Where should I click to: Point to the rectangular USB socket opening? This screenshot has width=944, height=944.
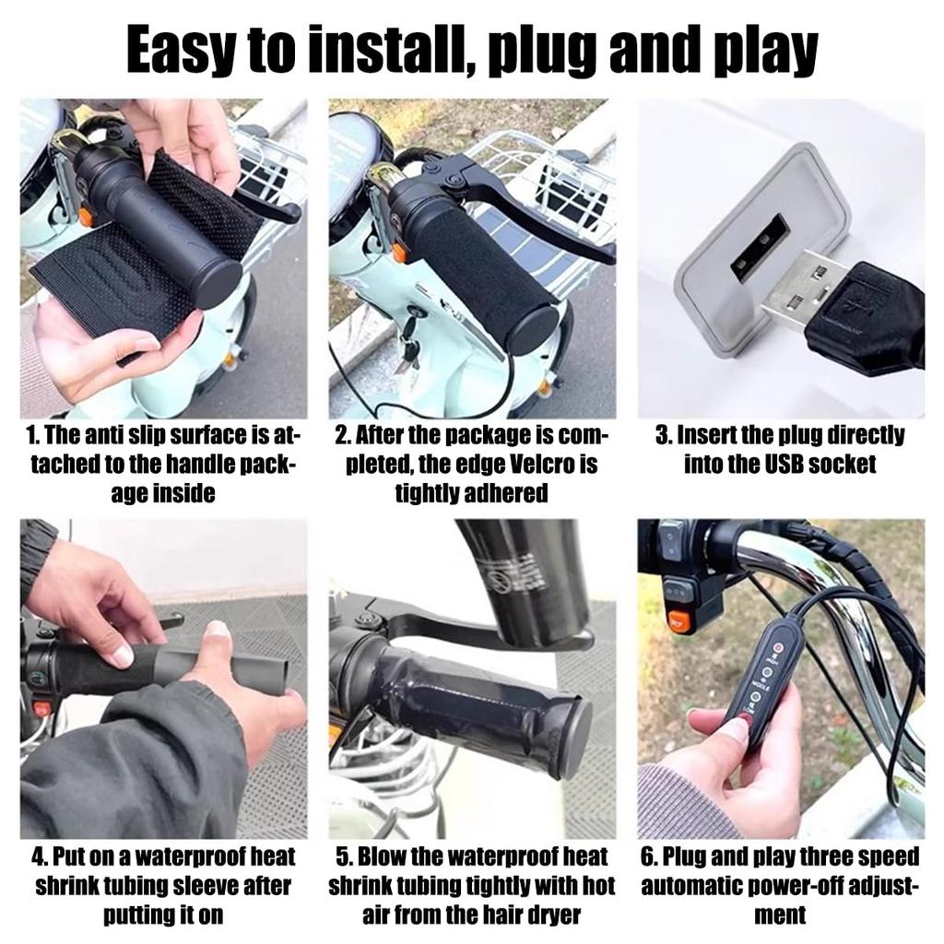point(760,242)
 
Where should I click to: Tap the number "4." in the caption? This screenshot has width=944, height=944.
point(39,856)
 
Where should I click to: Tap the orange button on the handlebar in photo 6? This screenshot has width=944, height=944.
point(678,620)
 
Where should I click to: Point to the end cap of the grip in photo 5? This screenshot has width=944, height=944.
point(572,740)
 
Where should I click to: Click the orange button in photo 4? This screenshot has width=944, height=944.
point(41,707)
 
